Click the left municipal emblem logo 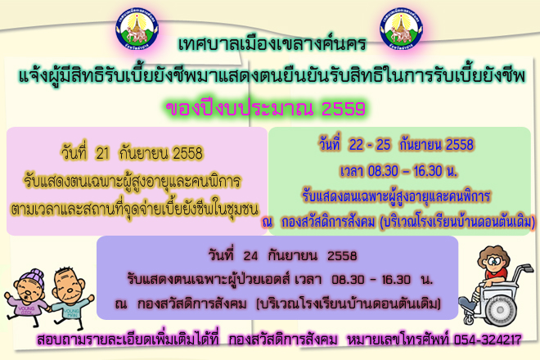coord(137,29)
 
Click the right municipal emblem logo coord(402,29)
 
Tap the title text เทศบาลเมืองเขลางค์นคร coord(272,43)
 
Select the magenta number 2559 coord(344,109)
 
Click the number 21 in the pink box coord(102,154)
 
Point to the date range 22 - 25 coord(369,145)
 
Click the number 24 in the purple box coord(250,256)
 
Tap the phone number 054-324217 coord(488,340)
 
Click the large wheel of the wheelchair coord(501,310)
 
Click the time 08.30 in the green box coord(383,171)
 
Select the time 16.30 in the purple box coord(396,279)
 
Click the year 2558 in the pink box coord(187,154)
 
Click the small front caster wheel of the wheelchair coord(469,320)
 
